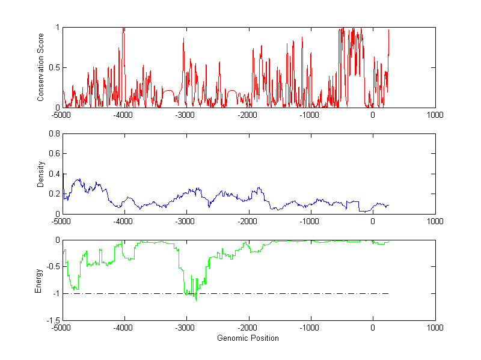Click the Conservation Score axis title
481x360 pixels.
point(41,67)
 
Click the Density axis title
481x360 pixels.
point(41,174)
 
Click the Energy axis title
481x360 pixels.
point(38,280)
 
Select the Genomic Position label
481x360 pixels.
point(248,338)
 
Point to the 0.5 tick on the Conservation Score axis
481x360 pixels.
point(54,67)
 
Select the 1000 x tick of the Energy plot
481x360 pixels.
point(435,328)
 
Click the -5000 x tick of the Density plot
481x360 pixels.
point(61,221)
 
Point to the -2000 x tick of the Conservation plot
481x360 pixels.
point(248,115)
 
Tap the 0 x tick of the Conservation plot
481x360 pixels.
point(373,115)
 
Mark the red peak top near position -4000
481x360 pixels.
point(123,28)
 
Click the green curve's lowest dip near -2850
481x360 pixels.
point(196,299)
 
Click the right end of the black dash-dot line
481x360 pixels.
point(388,293)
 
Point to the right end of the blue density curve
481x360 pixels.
point(388,206)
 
